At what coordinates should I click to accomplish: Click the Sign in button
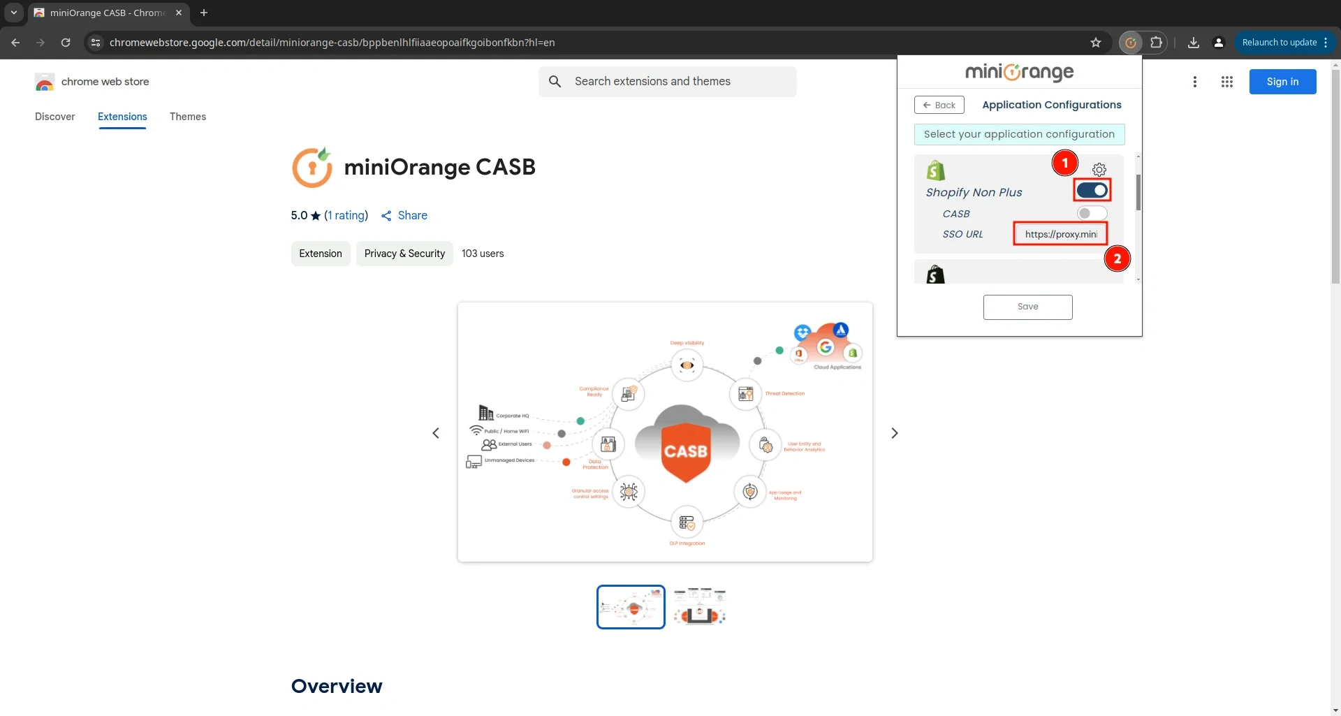pyautogui.click(x=1282, y=82)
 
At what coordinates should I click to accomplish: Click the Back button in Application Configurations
pyautogui.click(x=939, y=105)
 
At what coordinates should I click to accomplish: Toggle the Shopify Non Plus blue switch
pyautogui.click(x=1092, y=190)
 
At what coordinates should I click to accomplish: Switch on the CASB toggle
pyautogui.click(x=1092, y=213)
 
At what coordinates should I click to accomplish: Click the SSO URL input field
pyautogui.click(x=1060, y=234)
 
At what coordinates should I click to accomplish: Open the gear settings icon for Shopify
pyautogui.click(x=1099, y=170)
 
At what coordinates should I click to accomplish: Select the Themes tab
pyautogui.click(x=188, y=117)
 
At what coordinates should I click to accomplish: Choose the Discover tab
pyautogui.click(x=55, y=117)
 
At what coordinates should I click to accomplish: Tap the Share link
pyautogui.click(x=404, y=216)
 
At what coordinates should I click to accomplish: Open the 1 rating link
pyautogui.click(x=346, y=216)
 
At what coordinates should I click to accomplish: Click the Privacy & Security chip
pyautogui.click(x=404, y=254)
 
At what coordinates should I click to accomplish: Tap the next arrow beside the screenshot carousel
pyautogui.click(x=895, y=433)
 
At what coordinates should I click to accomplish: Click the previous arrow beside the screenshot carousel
pyautogui.click(x=436, y=433)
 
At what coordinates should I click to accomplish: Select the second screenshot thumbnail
pyautogui.click(x=699, y=607)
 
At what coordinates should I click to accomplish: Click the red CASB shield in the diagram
pyautogui.click(x=686, y=452)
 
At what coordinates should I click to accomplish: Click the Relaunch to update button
pyautogui.click(x=1280, y=43)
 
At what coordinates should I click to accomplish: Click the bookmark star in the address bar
pyautogui.click(x=1096, y=43)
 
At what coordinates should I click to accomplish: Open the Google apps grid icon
pyautogui.click(x=1227, y=82)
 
